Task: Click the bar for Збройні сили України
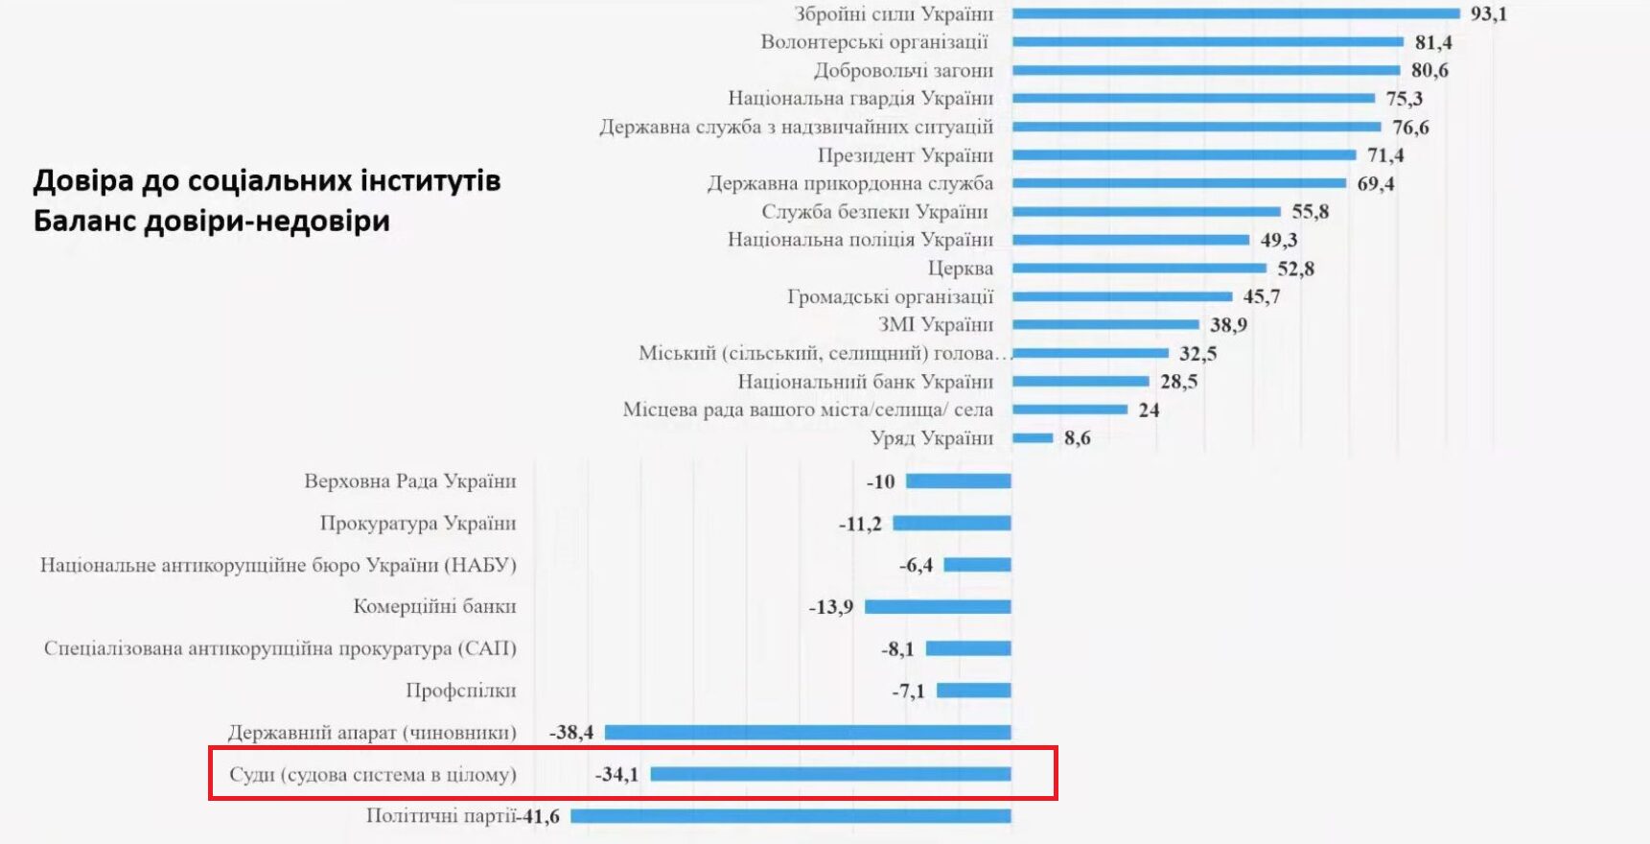(x=1235, y=13)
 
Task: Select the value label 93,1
(x=1488, y=13)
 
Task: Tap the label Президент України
(x=905, y=155)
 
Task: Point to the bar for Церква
(x=1138, y=268)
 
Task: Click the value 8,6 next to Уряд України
(x=1077, y=438)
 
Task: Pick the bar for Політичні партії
(x=791, y=816)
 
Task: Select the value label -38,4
(x=571, y=733)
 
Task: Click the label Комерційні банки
(x=434, y=606)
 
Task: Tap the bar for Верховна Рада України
(x=958, y=481)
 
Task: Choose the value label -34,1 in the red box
(x=616, y=774)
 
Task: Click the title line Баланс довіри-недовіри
(x=212, y=222)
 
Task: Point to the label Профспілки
(x=460, y=691)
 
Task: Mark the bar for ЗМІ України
(x=1104, y=324)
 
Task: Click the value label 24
(x=1149, y=410)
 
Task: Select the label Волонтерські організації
(x=873, y=42)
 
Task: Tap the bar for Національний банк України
(x=1080, y=382)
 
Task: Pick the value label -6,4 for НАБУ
(x=916, y=565)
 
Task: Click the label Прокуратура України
(x=418, y=524)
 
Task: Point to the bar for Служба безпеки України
(x=1146, y=211)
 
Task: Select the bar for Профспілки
(x=973, y=691)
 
